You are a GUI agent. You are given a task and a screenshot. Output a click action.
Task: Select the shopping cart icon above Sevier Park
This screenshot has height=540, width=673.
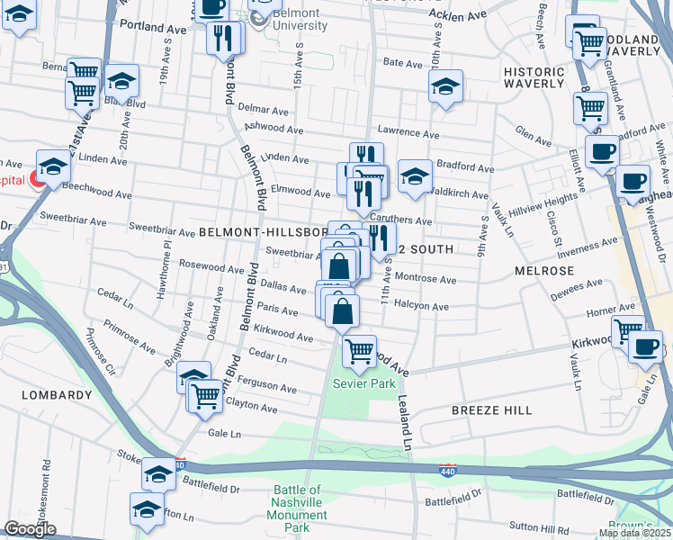[359, 350]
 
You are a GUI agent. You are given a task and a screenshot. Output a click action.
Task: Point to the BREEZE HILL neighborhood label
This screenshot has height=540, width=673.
[491, 409]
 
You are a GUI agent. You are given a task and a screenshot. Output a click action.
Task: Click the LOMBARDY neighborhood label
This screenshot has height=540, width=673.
[31, 393]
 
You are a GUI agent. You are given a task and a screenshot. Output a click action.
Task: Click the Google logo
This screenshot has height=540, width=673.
[30, 529]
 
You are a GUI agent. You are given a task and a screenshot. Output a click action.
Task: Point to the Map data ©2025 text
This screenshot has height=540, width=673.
[633, 533]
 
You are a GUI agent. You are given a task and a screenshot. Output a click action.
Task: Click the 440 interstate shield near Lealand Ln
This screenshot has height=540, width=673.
[447, 471]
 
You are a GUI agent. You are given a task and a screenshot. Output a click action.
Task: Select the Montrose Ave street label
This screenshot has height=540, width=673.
[426, 279]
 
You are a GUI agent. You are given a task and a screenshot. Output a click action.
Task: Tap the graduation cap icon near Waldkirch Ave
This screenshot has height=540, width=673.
[415, 176]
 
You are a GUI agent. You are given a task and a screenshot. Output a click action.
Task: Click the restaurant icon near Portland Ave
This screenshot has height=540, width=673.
[222, 38]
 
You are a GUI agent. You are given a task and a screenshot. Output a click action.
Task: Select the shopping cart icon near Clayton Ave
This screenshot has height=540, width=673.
[205, 394]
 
